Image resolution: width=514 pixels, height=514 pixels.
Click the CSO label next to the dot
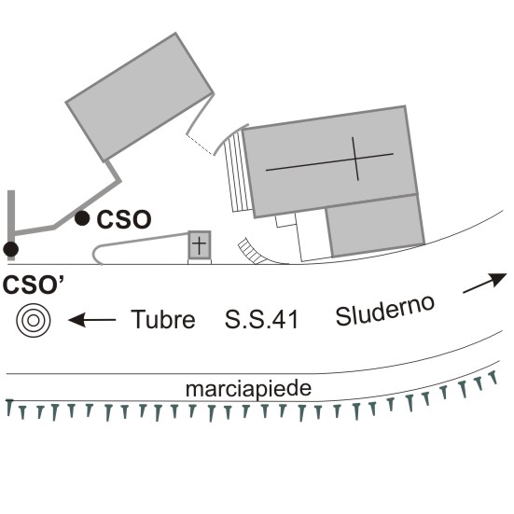pyautogui.click(x=124, y=219)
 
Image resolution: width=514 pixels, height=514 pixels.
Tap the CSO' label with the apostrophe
pyautogui.click(x=34, y=285)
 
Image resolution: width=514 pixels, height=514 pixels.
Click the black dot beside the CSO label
pyautogui.click(x=82, y=218)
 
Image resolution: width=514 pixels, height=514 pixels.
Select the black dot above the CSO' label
pyautogui.click(x=11, y=249)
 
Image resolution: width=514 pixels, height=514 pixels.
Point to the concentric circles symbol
pyautogui.click(x=34, y=320)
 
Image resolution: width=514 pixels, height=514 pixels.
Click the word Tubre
pyautogui.click(x=163, y=319)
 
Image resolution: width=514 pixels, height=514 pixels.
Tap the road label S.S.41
pyautogui.click(x=261, y=319)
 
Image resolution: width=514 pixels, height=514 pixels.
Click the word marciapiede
pyautogui.click(x=248, y=389)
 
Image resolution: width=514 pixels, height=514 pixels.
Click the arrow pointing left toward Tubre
pyautogui.click(x=91, y=320)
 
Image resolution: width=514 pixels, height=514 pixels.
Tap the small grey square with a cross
pyautogui.click(x=200, y=244)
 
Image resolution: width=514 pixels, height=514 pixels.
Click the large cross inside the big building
pyautogui.click(x=330, y=160)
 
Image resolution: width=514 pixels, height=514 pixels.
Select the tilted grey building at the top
pyautogui.click(x=140, y=97)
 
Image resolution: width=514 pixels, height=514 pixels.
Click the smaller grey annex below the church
pyautogui.click(x=375, y=225)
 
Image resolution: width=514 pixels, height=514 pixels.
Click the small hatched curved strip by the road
pyautogui.click(x=253, y=252)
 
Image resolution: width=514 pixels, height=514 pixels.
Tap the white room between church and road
pyautogui.click(x=313, y=236)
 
